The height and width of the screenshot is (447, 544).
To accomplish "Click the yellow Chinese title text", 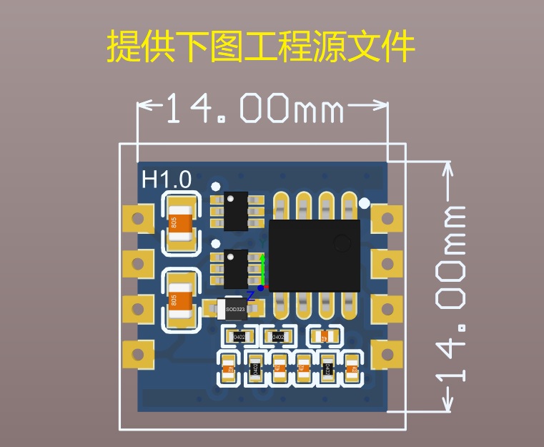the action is coord(261,47).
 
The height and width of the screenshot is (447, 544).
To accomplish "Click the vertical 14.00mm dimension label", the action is coord(452,293).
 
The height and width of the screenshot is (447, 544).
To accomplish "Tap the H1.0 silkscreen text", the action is coord(167,179).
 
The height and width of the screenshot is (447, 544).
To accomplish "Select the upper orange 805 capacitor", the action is coord(181,223).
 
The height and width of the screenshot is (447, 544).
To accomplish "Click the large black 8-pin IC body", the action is coord(314,254).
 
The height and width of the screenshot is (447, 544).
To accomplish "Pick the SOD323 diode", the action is coord(234,309).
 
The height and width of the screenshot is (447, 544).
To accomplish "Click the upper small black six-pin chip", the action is coord(235,211).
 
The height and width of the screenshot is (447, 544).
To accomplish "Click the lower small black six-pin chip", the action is coord(235,268).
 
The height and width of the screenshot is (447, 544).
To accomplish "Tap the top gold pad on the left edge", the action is coord(138,219).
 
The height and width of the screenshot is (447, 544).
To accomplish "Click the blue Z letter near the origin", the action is coord(250,295).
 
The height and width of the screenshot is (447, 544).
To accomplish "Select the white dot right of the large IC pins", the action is coord(365,204).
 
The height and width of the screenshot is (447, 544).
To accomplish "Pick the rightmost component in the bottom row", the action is coord(351,369).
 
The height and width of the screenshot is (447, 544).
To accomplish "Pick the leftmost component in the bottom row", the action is coord(229,369).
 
